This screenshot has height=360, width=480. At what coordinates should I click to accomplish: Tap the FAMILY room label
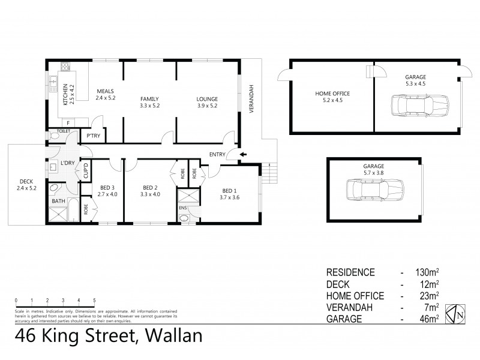point(150,99)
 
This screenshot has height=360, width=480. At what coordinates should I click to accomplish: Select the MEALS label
point(106,91)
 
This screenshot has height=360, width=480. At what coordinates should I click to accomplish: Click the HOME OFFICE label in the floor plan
point(332,94)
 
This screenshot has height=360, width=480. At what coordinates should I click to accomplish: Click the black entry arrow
point(244,154)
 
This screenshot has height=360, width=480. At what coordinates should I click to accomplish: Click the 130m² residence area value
point(428,272)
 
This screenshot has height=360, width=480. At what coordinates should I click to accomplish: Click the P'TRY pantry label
point(93,136)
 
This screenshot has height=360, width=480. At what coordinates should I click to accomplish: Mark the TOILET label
point(64,130)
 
